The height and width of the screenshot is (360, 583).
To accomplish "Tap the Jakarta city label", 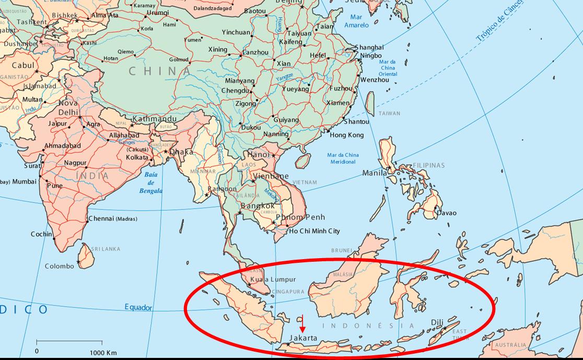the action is point(303,338).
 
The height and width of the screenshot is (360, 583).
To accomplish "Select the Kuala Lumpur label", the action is point(273,280).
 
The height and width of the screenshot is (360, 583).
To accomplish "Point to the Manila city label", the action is point(375,173).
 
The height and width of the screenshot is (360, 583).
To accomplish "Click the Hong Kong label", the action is point(346,135).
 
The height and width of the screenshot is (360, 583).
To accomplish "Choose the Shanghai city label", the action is point(369,48).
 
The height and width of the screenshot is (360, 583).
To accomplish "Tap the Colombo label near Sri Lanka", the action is point(59,266).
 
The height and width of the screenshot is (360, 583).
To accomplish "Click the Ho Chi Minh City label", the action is point(314,231).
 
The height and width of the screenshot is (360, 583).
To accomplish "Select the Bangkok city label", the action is point(258,206).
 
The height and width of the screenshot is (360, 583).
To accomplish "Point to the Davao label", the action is point(446,213).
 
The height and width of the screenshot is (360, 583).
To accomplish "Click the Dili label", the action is point(437,323).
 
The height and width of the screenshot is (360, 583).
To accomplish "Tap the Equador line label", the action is point(138,307).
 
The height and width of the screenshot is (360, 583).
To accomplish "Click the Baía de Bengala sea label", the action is point(151,182).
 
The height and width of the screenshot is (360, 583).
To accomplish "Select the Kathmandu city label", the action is point(154,119).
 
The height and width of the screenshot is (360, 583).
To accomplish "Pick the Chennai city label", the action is point(101,218).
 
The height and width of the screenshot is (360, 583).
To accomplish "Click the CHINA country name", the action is point(159,71).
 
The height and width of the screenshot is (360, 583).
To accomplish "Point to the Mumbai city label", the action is point(25,181).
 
